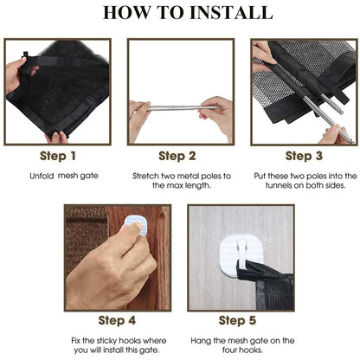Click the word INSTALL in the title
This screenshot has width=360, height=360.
pyautogui.click(x=231, y=12)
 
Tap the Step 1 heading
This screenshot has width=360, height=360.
pyautogui.click(x=58, y=156)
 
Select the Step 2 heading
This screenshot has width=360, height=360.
pyautogui.click(x=177, y=156)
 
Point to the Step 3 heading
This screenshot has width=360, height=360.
pyautogui.click(x=304, y=156)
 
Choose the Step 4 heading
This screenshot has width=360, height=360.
pyautogui.click(x=117, y=320)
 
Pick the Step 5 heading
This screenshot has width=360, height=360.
pyautogui.click(x=237, y=320)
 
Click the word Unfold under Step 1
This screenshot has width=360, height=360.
pyautogui.click(x=42, y=176)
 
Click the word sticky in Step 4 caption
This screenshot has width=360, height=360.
pyautogui.click(x=107, y=341)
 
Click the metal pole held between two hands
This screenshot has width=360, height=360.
pyautogui.click(x=182, y=108)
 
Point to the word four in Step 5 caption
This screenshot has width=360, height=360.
pyautogui.click(x=229, y=350)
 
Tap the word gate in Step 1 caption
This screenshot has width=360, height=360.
pyautogui.click(x=90, y=176)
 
